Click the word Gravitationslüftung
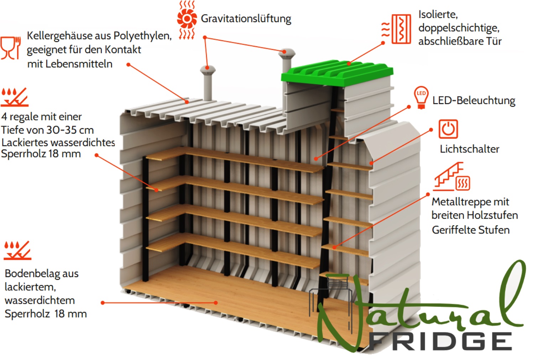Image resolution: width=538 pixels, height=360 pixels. (x=246, y=19)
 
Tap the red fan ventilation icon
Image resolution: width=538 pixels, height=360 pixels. (x=187, y=20)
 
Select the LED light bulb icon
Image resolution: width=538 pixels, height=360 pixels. (x=421, y=98)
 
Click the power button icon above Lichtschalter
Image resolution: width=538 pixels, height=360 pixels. (x=448, y=129)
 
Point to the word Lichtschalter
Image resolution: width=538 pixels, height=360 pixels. (x=470, y=149)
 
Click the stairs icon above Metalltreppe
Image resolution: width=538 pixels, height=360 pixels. (x=451, y=177)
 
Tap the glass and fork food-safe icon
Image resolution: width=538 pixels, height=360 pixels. (x=10, y=48)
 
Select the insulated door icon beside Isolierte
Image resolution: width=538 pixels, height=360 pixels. (x=397, y=29)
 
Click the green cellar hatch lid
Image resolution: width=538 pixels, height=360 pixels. (x=337, y=73)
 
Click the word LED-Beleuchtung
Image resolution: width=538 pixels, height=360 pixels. (x=474, y=101)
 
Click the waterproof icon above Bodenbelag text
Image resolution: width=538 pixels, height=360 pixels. (x=17, y=250)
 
